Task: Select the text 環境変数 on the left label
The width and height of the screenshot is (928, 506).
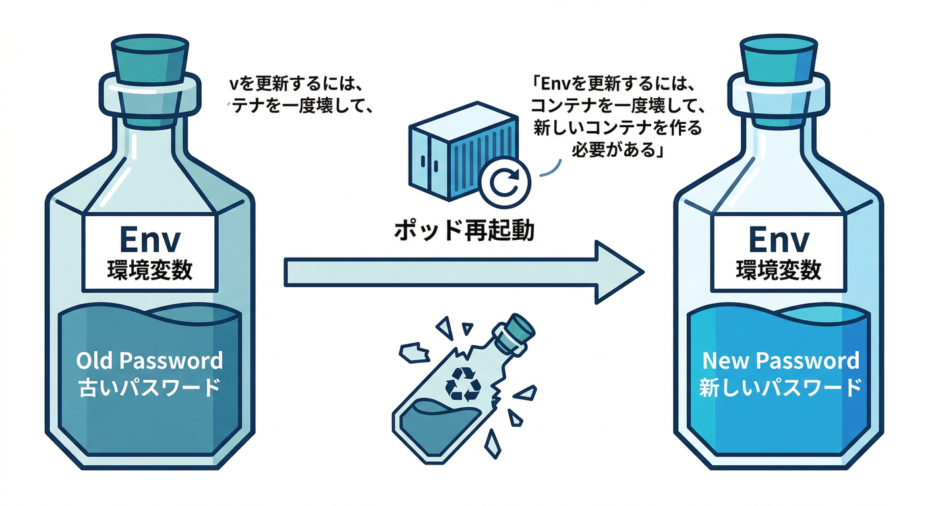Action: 149,271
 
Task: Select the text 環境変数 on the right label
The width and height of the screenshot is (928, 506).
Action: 778,271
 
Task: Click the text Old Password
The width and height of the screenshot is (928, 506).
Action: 150,361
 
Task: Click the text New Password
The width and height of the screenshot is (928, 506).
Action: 780,361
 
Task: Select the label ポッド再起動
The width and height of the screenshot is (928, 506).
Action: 464,231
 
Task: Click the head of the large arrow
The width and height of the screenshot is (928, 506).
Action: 616,271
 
